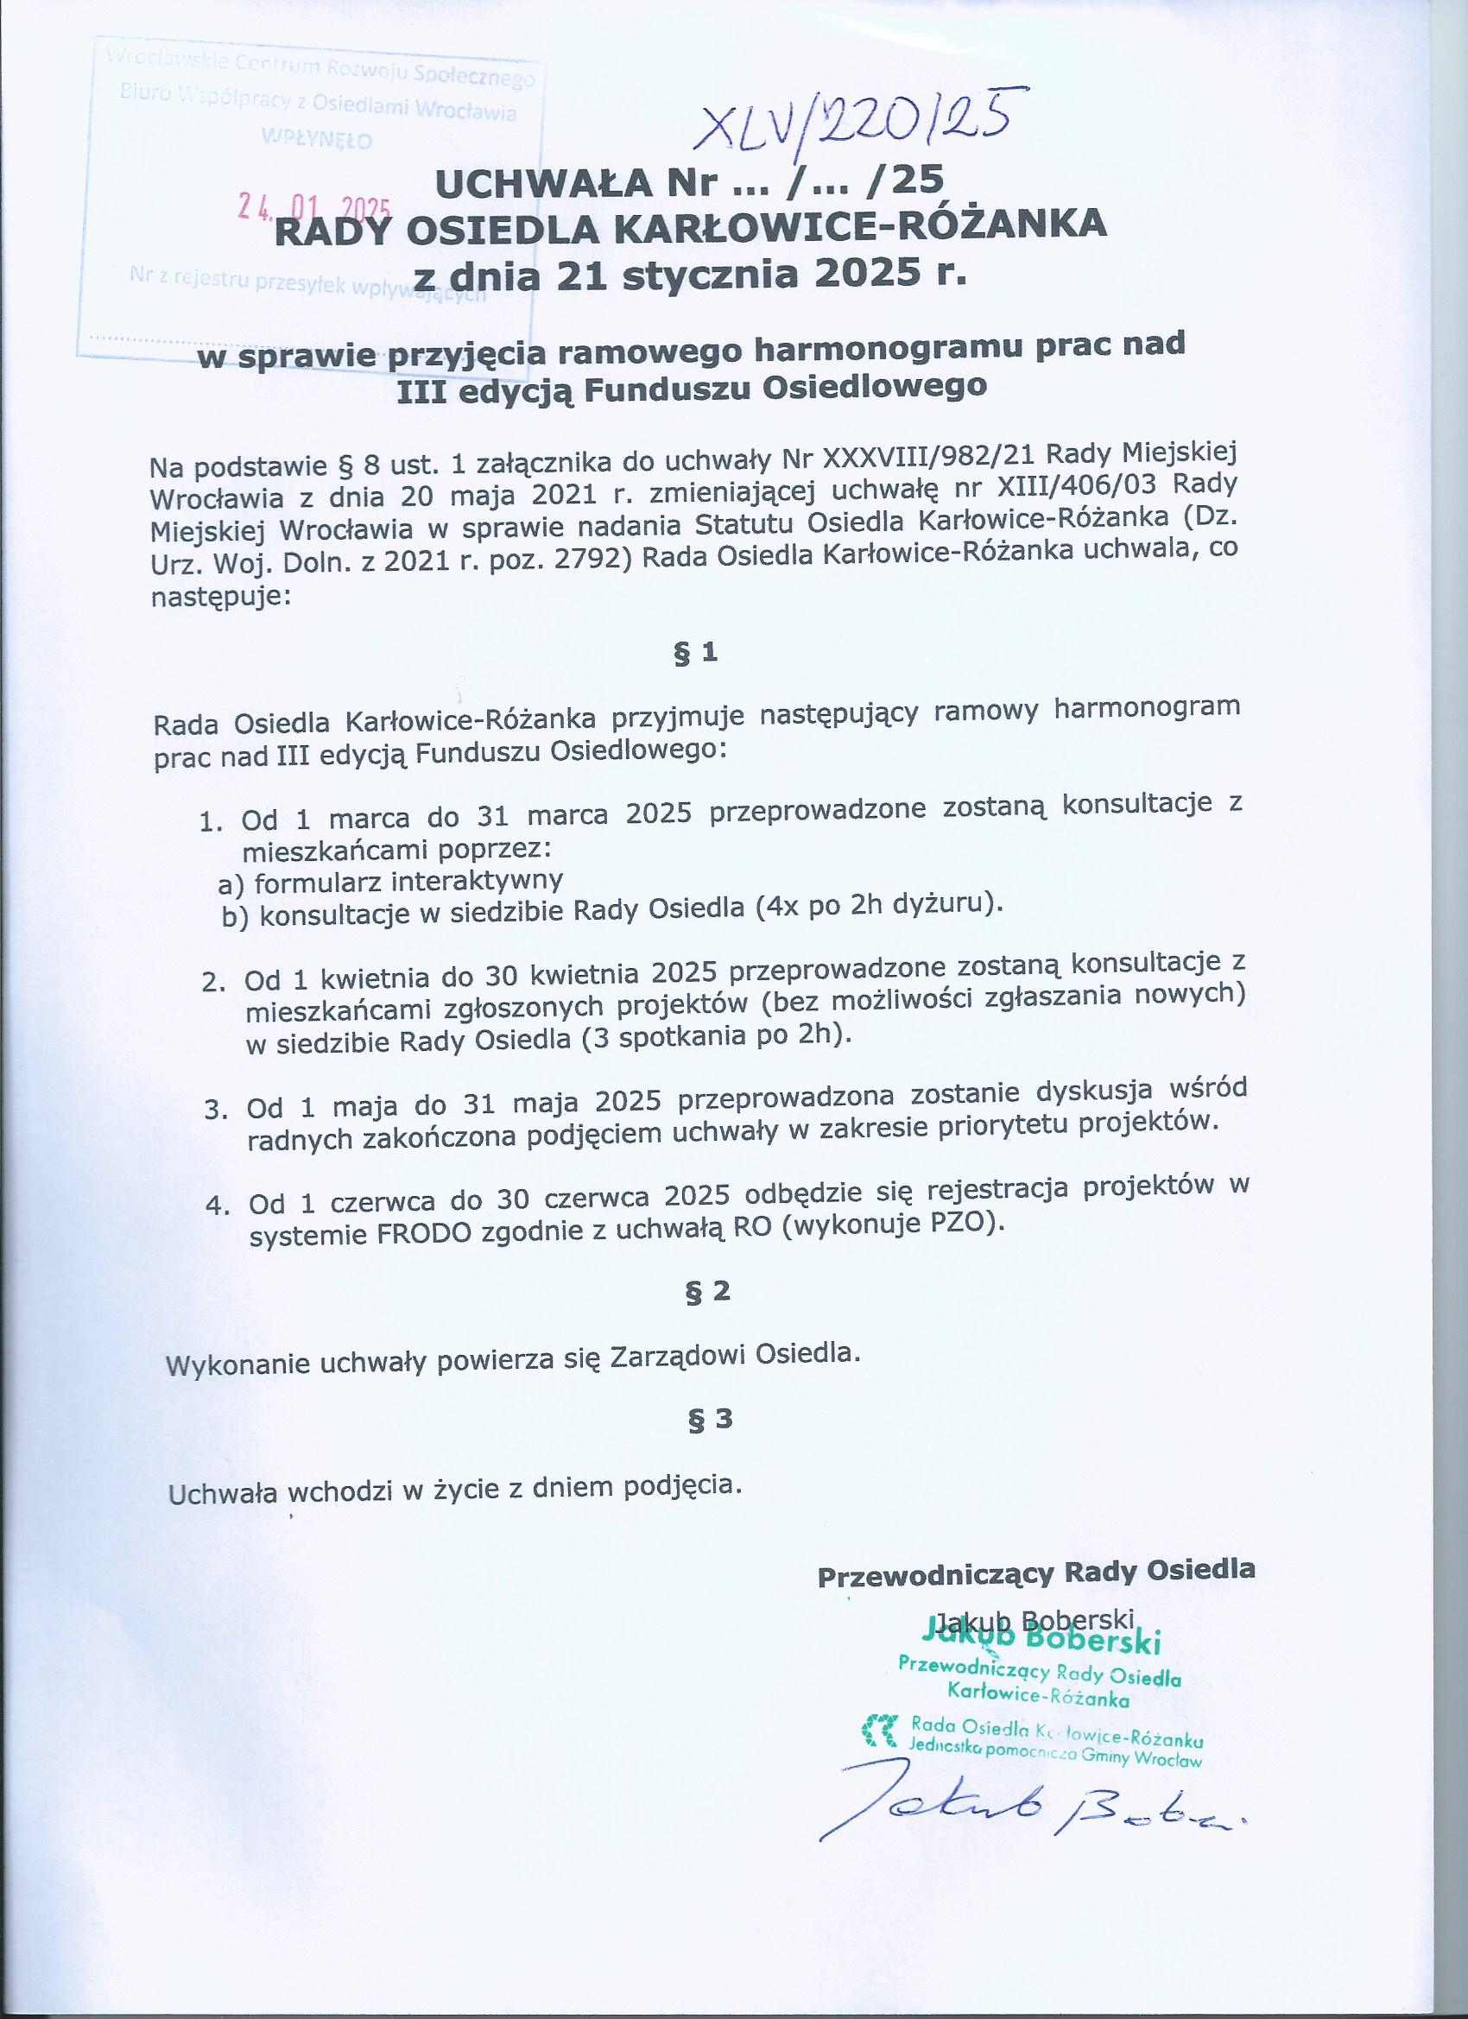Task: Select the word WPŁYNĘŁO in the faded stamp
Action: (317, 139)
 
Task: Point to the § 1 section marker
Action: (695, 654)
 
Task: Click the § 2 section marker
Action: (708, 1291)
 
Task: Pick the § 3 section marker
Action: (710, 1418)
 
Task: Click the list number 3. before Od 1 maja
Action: (217, 1109)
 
